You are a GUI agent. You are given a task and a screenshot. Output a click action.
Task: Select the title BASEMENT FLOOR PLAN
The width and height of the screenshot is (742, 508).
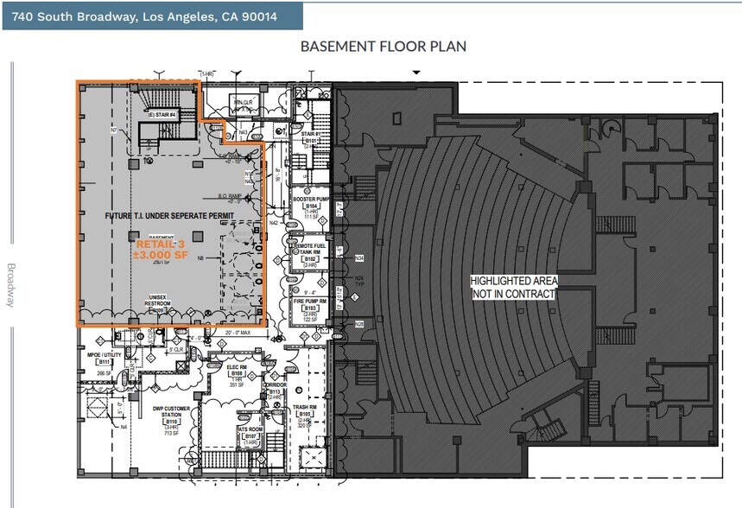point(383,47)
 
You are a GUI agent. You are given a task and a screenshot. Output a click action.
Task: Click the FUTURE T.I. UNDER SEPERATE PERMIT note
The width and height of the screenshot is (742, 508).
point(168,215)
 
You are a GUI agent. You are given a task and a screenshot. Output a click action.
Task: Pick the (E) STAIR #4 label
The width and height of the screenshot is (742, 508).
point(160,114)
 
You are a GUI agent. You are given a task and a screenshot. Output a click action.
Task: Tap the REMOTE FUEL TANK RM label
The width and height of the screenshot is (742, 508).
point(311,251)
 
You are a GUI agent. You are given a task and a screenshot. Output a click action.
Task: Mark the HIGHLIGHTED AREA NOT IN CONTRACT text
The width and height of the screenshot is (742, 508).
point(513,288)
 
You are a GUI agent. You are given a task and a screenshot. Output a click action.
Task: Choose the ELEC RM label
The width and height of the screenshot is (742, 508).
point(236,369)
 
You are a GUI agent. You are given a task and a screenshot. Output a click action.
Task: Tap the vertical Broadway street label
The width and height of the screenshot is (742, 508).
point(11,285)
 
